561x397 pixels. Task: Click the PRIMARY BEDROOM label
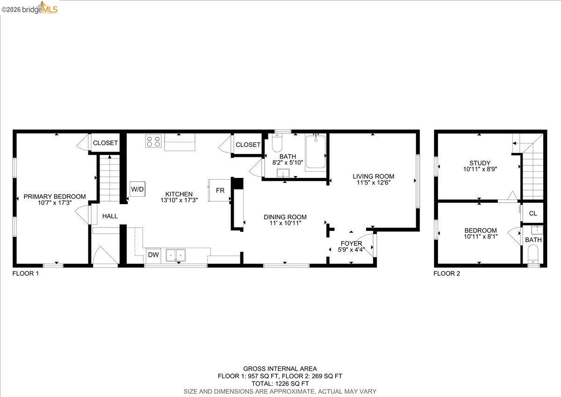(x=55, y=197)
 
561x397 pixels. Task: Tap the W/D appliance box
(x=137, y=190)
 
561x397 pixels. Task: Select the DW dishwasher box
(x=153, y=255)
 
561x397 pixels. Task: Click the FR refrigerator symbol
(x=219, y=191)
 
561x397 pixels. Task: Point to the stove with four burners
(x=153, y=141)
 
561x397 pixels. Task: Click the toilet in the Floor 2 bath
(x=533, y=255)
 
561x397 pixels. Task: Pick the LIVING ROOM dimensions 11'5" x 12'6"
(x=373, y=183)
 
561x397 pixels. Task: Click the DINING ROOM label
(x=285, y=217)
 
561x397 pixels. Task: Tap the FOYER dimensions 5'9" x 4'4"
(x=351, y=250)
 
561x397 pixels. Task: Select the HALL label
(x=110, y=216)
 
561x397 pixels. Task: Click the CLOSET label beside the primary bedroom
(x=105, y=143)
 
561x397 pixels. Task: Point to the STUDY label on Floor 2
(x=480, y=163)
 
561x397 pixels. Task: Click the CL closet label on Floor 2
(x=533, y=213)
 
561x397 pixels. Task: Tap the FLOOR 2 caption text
(x=446, y=273)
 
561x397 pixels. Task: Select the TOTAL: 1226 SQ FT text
(x=280, y=383)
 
